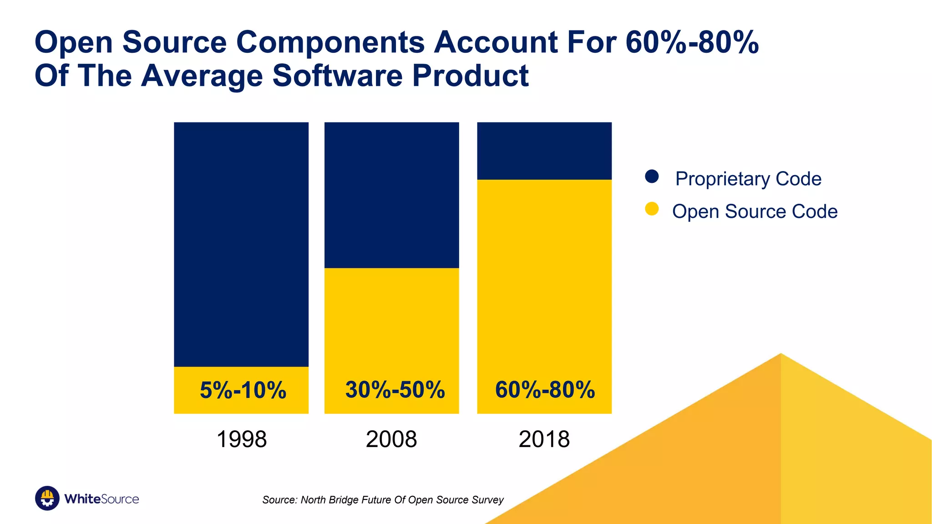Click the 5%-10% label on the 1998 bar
[243, 390]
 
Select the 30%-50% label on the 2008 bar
[395, 390]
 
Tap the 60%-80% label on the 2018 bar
[545, 390]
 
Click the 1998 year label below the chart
[241, 439]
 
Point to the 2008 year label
[391, 439]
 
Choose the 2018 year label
[544, 439]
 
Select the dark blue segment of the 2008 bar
[391, 195]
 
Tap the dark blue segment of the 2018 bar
[544, 151]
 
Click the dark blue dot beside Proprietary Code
[652, 176]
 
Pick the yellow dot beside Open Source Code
[652, 209]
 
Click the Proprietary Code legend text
[748, 179]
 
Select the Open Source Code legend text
[755, 212]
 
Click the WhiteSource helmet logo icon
[47, 498]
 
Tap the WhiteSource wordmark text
[101, 499]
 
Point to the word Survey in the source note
[488, 500]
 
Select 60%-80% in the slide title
[692, 42]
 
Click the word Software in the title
[337, 76]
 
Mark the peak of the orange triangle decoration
[781, 354]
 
